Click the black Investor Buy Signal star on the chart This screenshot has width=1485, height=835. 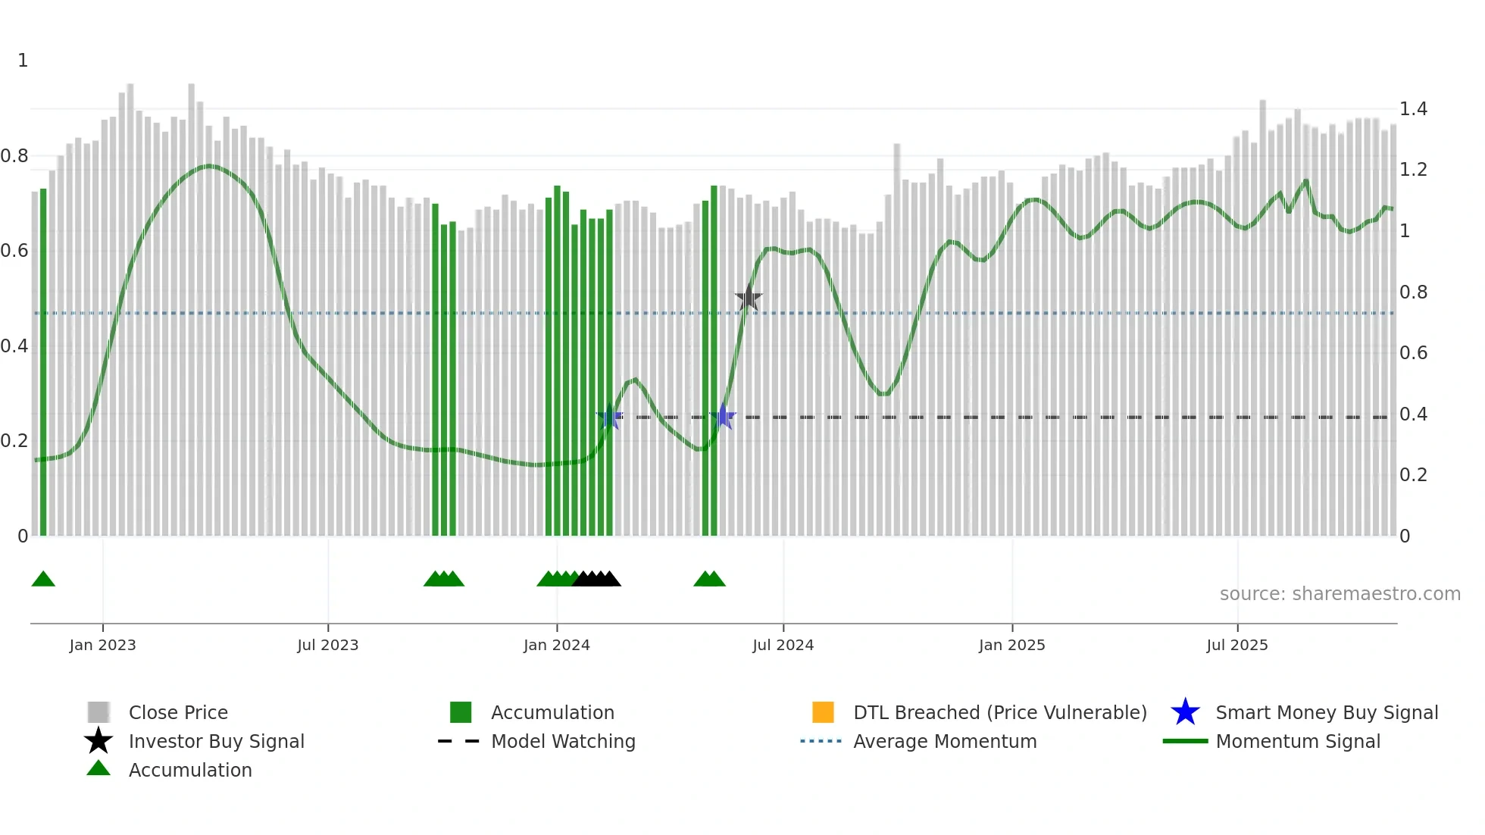(x=749, y=298)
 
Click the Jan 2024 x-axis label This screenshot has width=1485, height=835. (x=556, y=645)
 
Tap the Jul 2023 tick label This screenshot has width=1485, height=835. (x=327, y=645)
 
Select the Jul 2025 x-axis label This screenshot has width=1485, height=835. (x=1236, y=645)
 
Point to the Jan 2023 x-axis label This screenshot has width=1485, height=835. (x=102, y=645)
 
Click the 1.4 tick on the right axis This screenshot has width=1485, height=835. (x=1413, y=109)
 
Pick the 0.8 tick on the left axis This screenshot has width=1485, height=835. (x=14, y=156)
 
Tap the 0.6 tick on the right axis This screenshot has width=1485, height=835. (x=1413, y=353)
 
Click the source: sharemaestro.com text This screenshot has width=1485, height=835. (x=1340, y=594)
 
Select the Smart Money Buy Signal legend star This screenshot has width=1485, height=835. (x=1185, y=712)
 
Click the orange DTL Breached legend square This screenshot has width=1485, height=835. (x=823, y=712)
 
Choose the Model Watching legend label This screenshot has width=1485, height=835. (x=563, y=741)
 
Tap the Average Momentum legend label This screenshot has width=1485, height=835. (x=945, y=741)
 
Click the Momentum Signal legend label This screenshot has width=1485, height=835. (x=1298, y=741)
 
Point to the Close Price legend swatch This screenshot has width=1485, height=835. (x=98, y=712)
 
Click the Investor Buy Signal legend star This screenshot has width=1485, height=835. (x=98, y=741)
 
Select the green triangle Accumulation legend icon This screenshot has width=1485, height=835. (x=98, y=768)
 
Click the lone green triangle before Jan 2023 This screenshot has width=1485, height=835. (x=43, y=580)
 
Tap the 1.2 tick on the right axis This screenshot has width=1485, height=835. (x=1413, y=170)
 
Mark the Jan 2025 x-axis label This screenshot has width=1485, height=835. (x=1011, y=645)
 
